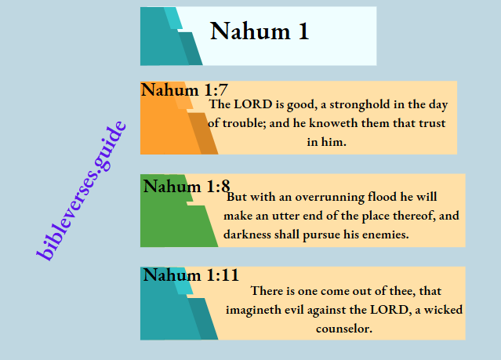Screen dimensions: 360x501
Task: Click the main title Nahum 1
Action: tap(260, 31)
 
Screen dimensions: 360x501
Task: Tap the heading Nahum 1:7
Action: tap(184, 90)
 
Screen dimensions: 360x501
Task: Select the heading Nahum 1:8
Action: tap(187, 187)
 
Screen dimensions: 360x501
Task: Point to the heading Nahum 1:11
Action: tap(191, 275)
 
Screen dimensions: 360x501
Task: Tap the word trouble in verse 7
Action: tap(244, 123)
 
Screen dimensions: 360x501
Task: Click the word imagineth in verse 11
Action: tap(258, 309)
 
